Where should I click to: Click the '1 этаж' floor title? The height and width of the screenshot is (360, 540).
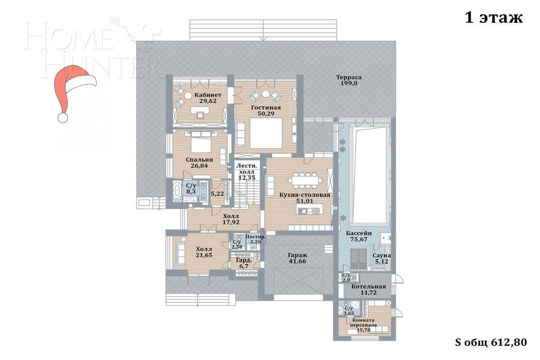493,18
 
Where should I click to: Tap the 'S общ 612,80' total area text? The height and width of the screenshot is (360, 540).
491,342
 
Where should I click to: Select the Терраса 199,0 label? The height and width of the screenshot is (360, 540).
349,81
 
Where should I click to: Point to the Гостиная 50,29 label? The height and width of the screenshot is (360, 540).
265,111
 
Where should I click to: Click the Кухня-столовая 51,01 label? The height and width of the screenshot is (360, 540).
305,198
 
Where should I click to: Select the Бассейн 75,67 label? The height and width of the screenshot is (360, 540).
359,237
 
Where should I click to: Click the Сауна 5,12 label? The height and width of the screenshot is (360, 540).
381,258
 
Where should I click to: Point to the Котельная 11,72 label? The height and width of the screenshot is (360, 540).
369,290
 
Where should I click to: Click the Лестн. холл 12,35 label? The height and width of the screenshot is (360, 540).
247,171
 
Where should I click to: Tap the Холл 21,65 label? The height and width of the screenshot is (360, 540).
204,252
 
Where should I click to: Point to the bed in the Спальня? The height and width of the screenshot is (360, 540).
200,143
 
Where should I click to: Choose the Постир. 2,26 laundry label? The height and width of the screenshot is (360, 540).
256,240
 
